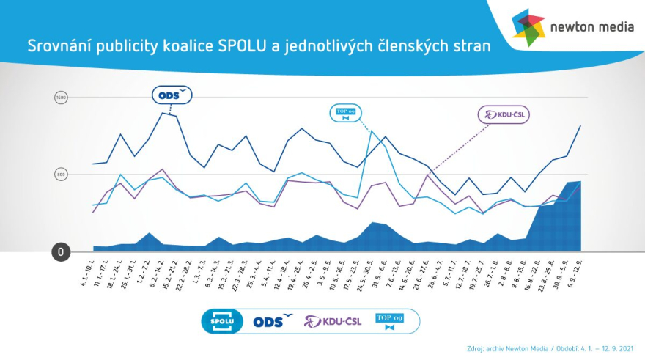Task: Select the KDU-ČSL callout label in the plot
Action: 504,114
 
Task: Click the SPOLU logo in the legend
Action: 222,321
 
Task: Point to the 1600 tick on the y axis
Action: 62,98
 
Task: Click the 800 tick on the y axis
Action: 62,175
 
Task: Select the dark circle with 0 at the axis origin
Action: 62,252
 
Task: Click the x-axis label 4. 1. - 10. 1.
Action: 87,271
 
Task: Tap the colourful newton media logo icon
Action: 528,27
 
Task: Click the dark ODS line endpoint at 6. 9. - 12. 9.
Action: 580,126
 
